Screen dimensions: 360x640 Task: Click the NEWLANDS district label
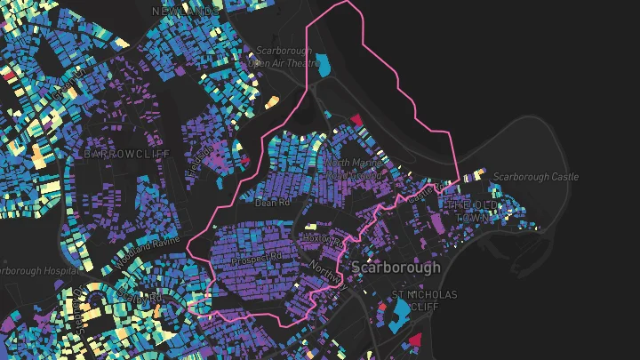click(184, 10)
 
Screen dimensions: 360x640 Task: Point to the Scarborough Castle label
click(535, 177)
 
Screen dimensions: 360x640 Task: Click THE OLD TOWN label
click(481, 211)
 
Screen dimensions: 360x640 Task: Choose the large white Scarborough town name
click(396, 267)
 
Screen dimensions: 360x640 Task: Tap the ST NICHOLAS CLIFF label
click(425, 300)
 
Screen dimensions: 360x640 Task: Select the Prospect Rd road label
click(255, 261)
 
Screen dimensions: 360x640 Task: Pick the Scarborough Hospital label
click(36, 269)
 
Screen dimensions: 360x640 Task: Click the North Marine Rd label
click(354, 169)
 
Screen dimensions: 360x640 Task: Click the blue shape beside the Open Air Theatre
click(324, 65)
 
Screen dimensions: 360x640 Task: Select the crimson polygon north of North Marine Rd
click(356, 119)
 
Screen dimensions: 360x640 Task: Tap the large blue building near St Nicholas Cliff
click(400, 308)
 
